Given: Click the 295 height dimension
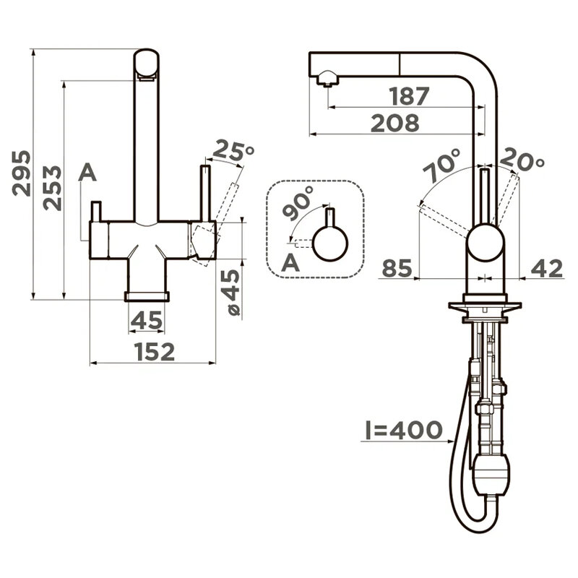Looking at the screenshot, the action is [x=22, y=173].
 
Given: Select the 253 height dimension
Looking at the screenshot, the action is [x=52, y=188].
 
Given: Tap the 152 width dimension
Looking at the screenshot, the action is [x=155, y=352].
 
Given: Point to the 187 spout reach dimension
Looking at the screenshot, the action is [x=409, y=96].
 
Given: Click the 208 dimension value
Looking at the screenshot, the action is [x=395, y=123].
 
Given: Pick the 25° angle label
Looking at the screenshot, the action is [x=233, y=151].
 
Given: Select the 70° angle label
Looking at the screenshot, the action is [x=442, y=166].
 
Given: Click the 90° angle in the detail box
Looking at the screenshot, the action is [x=298, y=203].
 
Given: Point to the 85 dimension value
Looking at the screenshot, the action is [x=397, y=268].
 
